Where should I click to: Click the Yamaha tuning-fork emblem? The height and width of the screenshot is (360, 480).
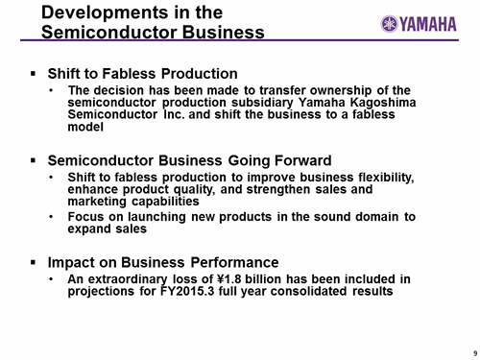point(389,24)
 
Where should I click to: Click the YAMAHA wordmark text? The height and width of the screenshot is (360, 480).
point(428,24)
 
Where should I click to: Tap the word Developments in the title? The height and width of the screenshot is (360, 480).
point(105,13)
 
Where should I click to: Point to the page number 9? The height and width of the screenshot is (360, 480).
point(475,353)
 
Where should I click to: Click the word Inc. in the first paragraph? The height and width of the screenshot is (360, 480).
point(174,114)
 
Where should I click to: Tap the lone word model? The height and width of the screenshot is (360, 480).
point(85,127)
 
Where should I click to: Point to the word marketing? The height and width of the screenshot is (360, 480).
point(97,202)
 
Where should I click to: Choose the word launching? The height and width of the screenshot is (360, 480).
point(156,217)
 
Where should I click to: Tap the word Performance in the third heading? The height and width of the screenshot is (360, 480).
point(234,262)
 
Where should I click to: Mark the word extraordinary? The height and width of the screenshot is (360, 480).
point(128,279)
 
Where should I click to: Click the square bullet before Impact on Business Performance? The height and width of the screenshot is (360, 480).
point(33,262)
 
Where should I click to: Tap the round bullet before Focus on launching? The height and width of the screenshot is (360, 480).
point(51,217)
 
